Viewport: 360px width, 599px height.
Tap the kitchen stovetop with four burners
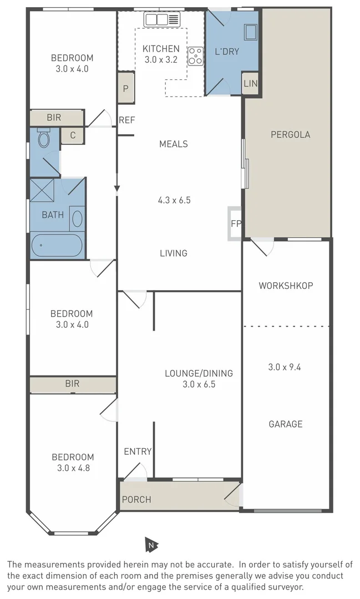pyautogui.click(x=195, y=56)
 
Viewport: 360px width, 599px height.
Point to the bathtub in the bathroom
pyautogui.click(x=57, y=245)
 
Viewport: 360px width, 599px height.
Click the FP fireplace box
pyautogui.click(x=235, y=224)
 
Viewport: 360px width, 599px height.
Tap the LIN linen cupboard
pyautogui.click(x=250, y=84)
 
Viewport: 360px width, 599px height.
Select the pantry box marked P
pyautogui.click(x=126, y=88)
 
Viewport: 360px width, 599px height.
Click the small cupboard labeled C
pyautogui.click(x=72, y=135)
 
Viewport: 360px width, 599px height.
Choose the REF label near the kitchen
pyautogui.click(x=127, y=120)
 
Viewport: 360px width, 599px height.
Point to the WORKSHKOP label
pyautogui.click(x=286, y=286)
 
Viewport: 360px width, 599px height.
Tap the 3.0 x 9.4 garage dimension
pyautogui.click(x=285, y=367)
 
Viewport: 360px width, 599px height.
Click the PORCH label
pyautogui.click(x=136, y=499)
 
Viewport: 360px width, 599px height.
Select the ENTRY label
pyautogui.click(x=138, y=451)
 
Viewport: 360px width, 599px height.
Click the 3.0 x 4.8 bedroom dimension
pyautogui.click(x=73, y=468)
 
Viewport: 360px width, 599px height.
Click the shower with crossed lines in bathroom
pyautogui.click(x=42, y=190)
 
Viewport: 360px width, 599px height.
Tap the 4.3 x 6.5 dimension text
pyautogui.click(x=174, y=200)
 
